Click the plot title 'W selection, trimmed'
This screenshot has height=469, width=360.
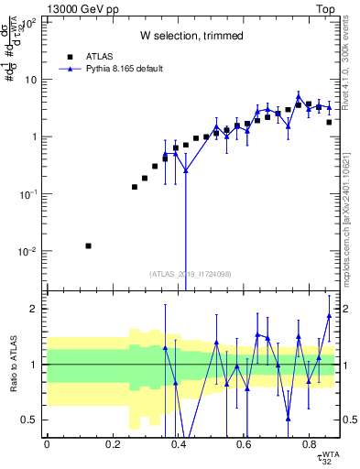(x=191, y=36)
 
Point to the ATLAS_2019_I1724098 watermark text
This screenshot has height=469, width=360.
(x=191, y=273)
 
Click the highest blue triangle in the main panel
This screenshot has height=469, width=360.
(x=299, y=94)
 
